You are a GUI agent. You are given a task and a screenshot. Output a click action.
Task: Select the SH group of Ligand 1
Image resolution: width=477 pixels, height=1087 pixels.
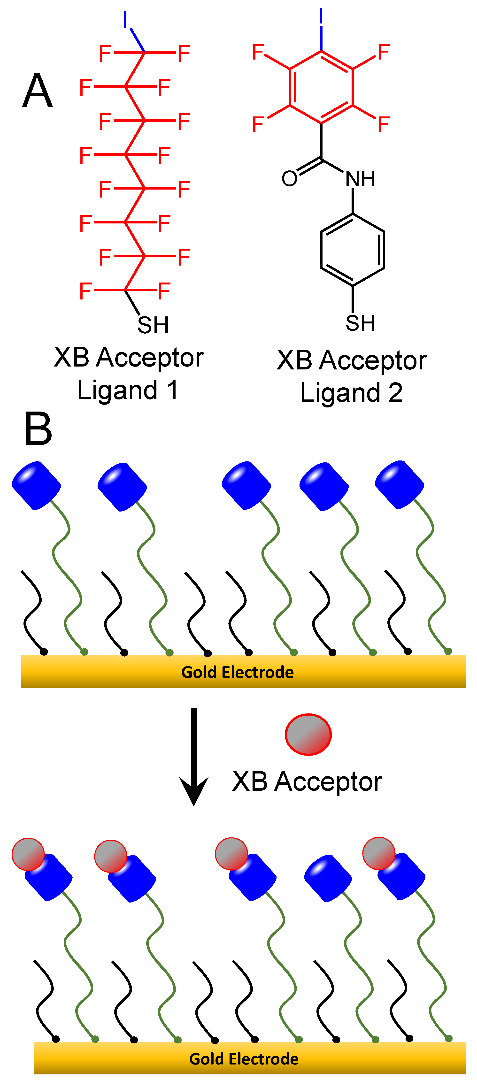point(153,325)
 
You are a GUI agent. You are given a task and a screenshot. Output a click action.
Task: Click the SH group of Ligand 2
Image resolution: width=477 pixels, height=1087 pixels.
point(360,323)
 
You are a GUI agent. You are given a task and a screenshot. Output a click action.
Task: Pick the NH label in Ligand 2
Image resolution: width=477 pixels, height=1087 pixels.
point(360,179)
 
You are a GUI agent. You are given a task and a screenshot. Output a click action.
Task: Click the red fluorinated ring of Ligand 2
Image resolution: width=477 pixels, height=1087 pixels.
point(321,87)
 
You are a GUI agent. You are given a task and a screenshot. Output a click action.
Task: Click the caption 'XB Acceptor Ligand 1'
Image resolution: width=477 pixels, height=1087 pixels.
point(128,374)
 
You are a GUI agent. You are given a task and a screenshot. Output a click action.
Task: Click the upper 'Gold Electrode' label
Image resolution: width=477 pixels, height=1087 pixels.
point(237,672)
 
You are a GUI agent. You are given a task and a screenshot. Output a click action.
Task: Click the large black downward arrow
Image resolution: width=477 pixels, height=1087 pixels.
point(194,755)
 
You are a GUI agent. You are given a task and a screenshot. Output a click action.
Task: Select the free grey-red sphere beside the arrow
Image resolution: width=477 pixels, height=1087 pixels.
point(308,734)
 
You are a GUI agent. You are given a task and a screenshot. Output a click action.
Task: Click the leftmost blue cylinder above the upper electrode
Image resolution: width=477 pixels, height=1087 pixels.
point(36,485)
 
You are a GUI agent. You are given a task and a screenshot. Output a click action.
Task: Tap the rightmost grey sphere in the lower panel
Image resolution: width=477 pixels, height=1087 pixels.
point(379,853)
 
